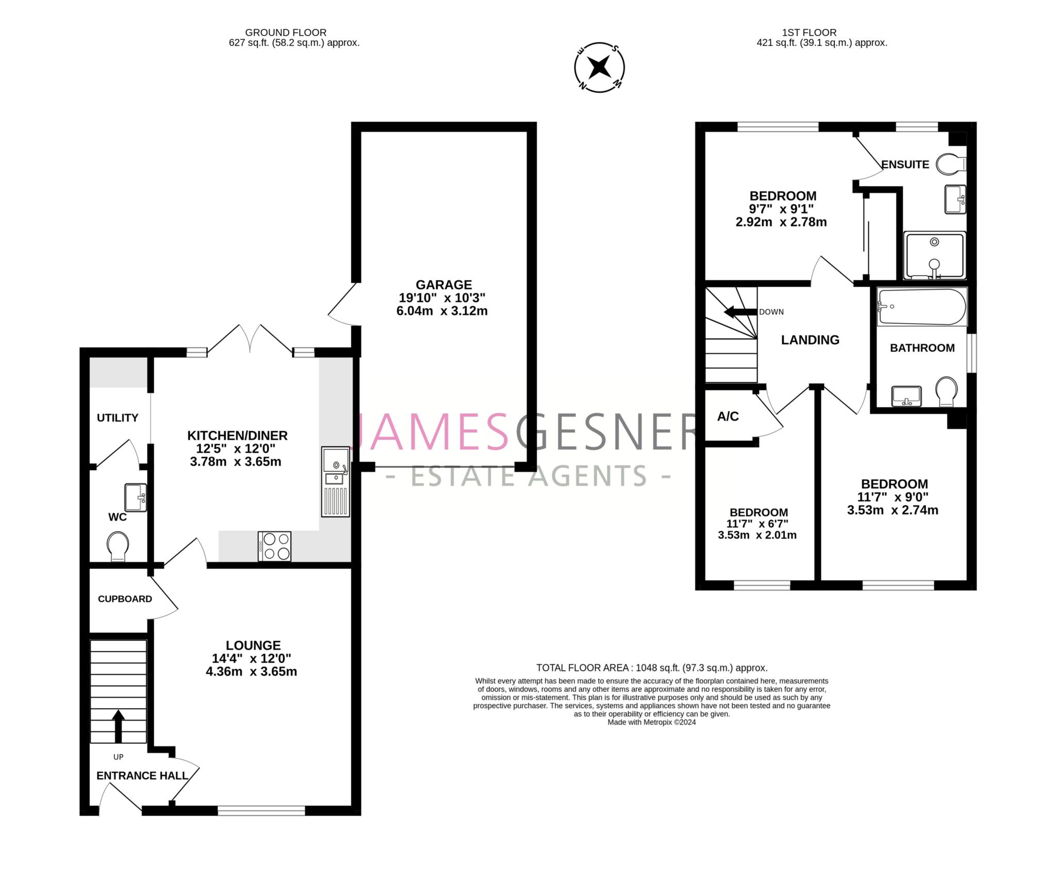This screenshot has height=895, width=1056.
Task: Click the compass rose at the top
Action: [x=600, y=68]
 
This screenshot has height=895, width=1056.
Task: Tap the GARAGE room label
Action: [x=444, y=285]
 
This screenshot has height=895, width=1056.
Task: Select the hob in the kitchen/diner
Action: [x=275, y=546]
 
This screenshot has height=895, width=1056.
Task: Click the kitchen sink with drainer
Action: [x=336, y=482]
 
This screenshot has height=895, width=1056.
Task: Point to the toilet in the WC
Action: [x=118, y=546]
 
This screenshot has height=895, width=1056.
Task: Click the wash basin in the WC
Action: [x=136, y=497]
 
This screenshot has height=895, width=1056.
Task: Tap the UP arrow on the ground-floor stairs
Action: [x=119, y=726]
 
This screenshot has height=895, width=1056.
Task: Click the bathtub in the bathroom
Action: [x=922, y=307]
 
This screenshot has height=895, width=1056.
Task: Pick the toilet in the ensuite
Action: [x=950, y=165]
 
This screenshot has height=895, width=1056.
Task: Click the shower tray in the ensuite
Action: [x=934, y=255]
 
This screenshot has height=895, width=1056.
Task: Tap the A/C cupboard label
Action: [x=728, y=416]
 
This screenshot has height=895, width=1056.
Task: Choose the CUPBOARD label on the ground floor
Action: [x=125, y=599]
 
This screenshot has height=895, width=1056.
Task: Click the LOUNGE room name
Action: [x=253, y=645]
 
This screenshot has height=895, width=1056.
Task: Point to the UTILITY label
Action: [x=118, y=418]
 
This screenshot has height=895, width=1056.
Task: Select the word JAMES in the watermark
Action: [x=431, y=431]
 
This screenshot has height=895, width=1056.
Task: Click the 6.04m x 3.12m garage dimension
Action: [x=442, y=311]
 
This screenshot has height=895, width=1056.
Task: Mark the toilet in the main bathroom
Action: [x=946, y=391]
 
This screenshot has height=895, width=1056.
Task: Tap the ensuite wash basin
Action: [x=955, y=199]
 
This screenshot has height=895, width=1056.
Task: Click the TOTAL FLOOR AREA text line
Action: [x=652, y=668]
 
